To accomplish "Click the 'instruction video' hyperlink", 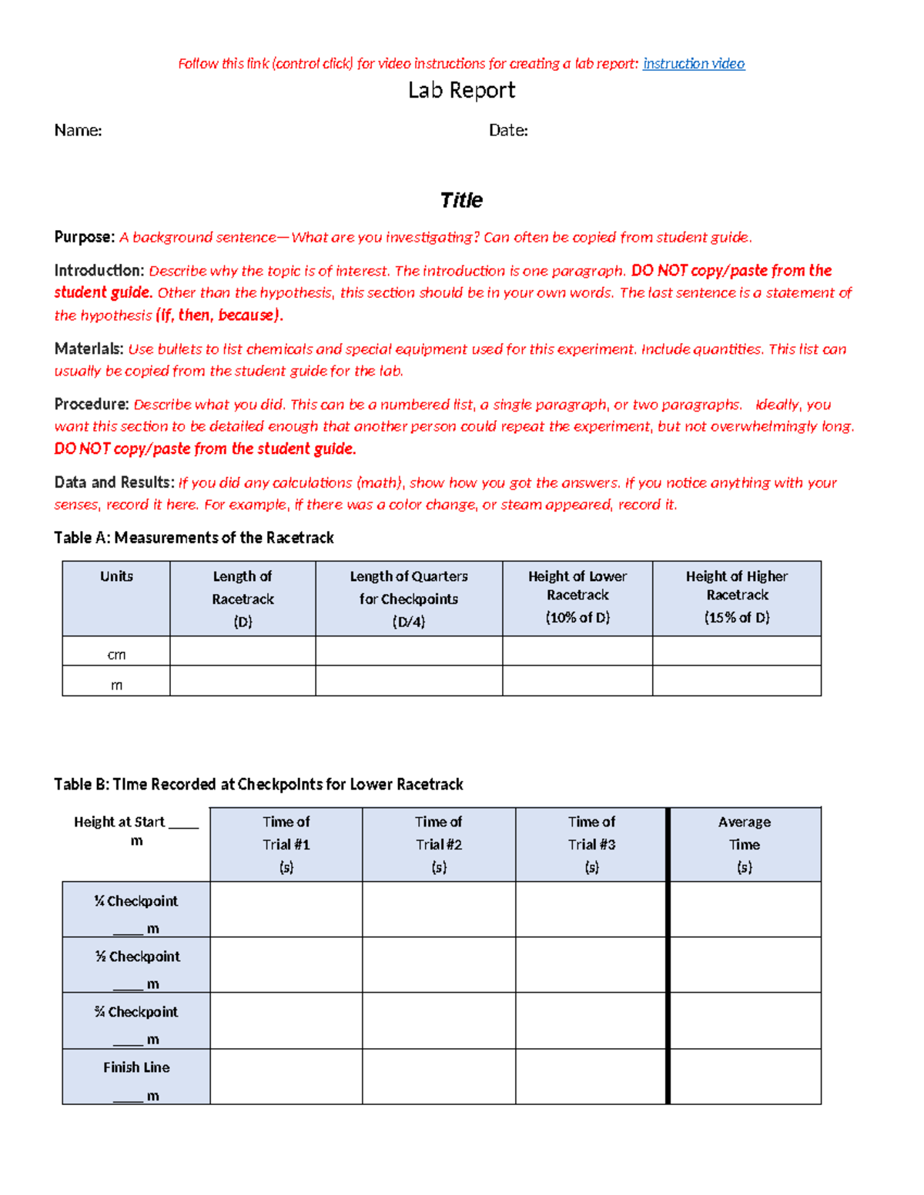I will point(694,64).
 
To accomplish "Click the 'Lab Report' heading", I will point(461,91).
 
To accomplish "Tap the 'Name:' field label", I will point(78,131).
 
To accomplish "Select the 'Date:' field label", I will point(508,131).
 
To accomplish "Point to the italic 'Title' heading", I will point(461,201).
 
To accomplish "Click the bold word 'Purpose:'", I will point(84,237).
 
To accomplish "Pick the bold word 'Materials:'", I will point(89,349).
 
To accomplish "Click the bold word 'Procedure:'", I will point(91,404).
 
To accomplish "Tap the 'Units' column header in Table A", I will point(116,576).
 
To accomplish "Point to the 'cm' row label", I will point(116,655).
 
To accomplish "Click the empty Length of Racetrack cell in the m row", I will point(243,681).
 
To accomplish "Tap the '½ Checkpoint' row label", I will point(137,956).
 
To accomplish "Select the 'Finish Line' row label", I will point(136,1067).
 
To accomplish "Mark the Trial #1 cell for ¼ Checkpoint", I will point(286,910).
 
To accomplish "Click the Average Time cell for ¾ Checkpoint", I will point(745,1020).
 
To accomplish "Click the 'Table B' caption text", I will point(258,784).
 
